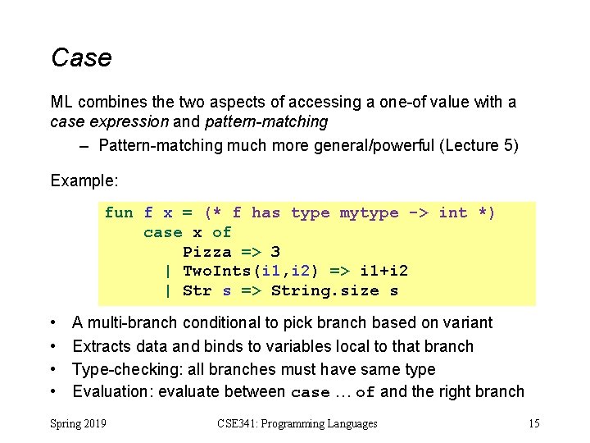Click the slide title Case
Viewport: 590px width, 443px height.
pyautogui.click(x=81, y=58)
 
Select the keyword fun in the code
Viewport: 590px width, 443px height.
pyautogui.click(x=119, y=213)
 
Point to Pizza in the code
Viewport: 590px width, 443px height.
pyautogui.click(x=207, y=252)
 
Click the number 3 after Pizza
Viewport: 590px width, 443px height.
pyautogui.click(x=276, y=252)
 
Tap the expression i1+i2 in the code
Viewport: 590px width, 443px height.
pyautogui.click(x=384, y=272)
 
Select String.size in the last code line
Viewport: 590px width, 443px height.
pyautogui.click(x=325, y=291)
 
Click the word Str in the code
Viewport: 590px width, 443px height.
pyautogui.click(x=197, y=291)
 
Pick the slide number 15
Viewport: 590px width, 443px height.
pyautogui.click(x=533, y=423)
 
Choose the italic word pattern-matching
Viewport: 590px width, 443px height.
pyautogui.click(x=279, y=122)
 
